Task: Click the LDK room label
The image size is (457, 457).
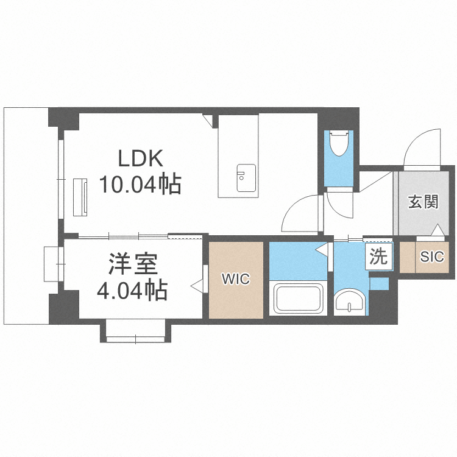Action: click(x=140, y=160)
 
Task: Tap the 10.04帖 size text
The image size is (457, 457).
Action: click(x=141, y=183)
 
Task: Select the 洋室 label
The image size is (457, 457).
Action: click(x=133, y=266)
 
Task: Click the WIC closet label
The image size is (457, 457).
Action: click(x=236, y=280)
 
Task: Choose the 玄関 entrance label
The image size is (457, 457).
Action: click(x=423, y=202)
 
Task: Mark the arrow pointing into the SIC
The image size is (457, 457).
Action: click(x=438, y=231)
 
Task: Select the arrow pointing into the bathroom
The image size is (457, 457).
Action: click(x=321, y=249)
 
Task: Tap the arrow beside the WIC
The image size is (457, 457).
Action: click(x=197, y=284)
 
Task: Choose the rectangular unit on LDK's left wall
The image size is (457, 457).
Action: click(x=80, y=196)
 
